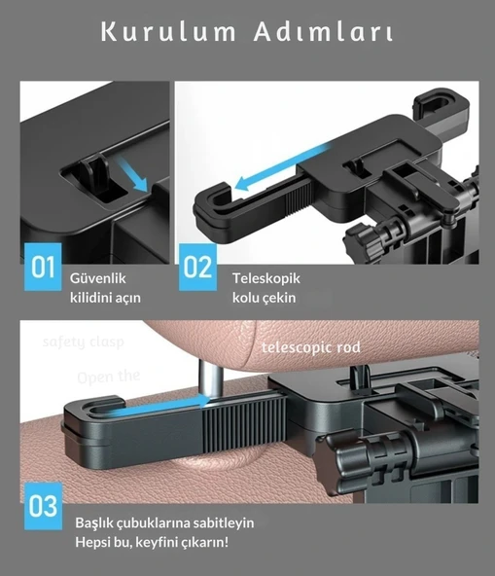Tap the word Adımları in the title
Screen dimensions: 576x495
pos(322,33)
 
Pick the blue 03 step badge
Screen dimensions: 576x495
pos(42,506)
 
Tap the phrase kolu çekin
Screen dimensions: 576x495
pos(264,298)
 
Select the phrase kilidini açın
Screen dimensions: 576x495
pos(105,298)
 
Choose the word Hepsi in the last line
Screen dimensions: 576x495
pos(94,543)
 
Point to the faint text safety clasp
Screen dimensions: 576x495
pos(83,342)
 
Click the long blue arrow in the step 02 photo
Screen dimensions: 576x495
pos(282,163)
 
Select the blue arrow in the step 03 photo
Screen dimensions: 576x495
pos(146,410)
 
